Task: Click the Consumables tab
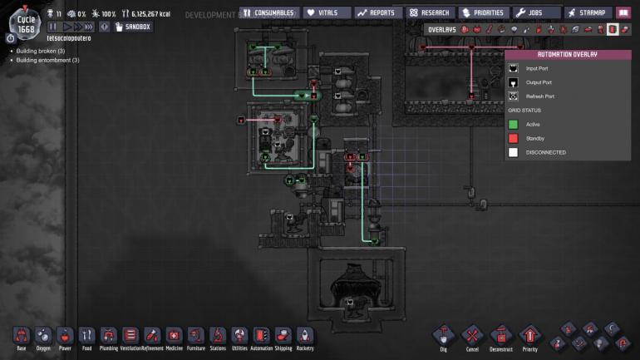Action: point(268,12)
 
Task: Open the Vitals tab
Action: point(325,12)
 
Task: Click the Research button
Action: point(430,12)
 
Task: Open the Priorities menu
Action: point(483,12)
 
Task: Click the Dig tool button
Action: point(444,336)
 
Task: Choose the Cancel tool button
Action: point(472,336)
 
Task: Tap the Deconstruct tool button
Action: point(501,336)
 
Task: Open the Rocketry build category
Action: point(305,336)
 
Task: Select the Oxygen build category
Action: point(43,336)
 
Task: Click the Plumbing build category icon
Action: point(108,336)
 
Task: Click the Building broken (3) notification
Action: point(40,51)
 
